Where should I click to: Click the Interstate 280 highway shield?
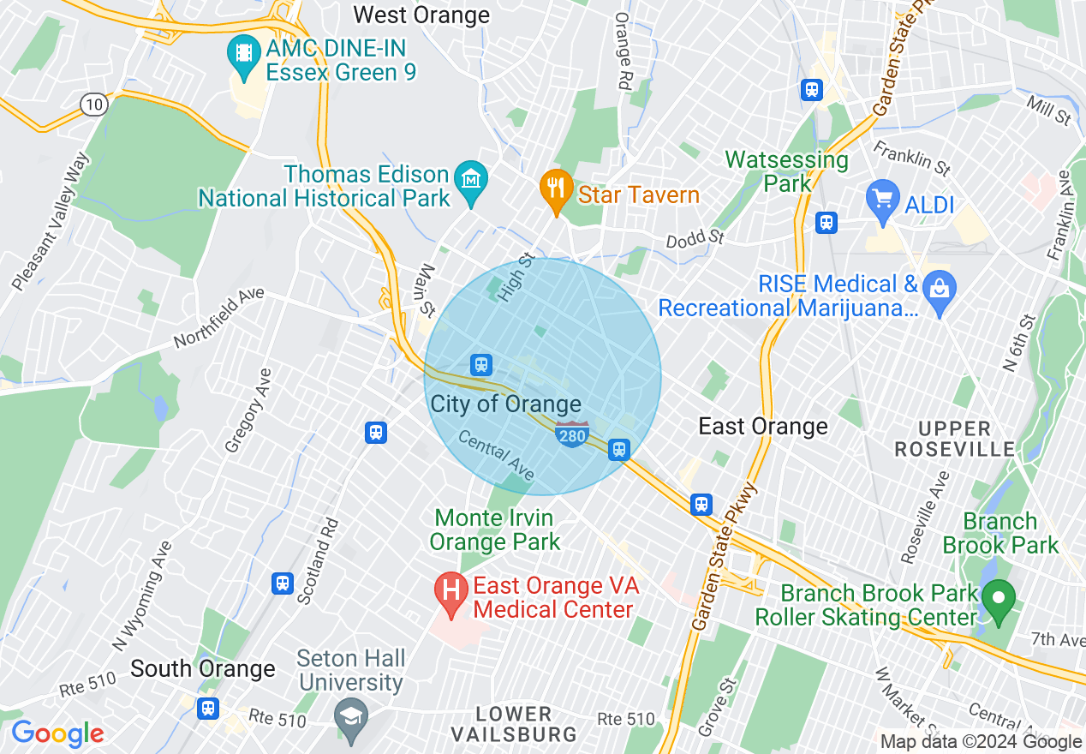point(571,434)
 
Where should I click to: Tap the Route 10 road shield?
point(94,105)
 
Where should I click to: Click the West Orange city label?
point(421,15)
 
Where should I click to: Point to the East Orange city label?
point(762,426)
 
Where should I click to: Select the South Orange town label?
point(203,668)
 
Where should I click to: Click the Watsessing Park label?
point(786,171)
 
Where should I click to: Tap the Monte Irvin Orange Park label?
point(494,530)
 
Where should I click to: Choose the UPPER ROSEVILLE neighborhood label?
point(954,439)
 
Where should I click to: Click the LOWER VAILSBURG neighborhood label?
point(514,723)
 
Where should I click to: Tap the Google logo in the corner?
point(57,733)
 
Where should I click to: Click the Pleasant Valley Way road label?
point(51,221)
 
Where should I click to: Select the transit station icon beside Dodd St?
point(826,223)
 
